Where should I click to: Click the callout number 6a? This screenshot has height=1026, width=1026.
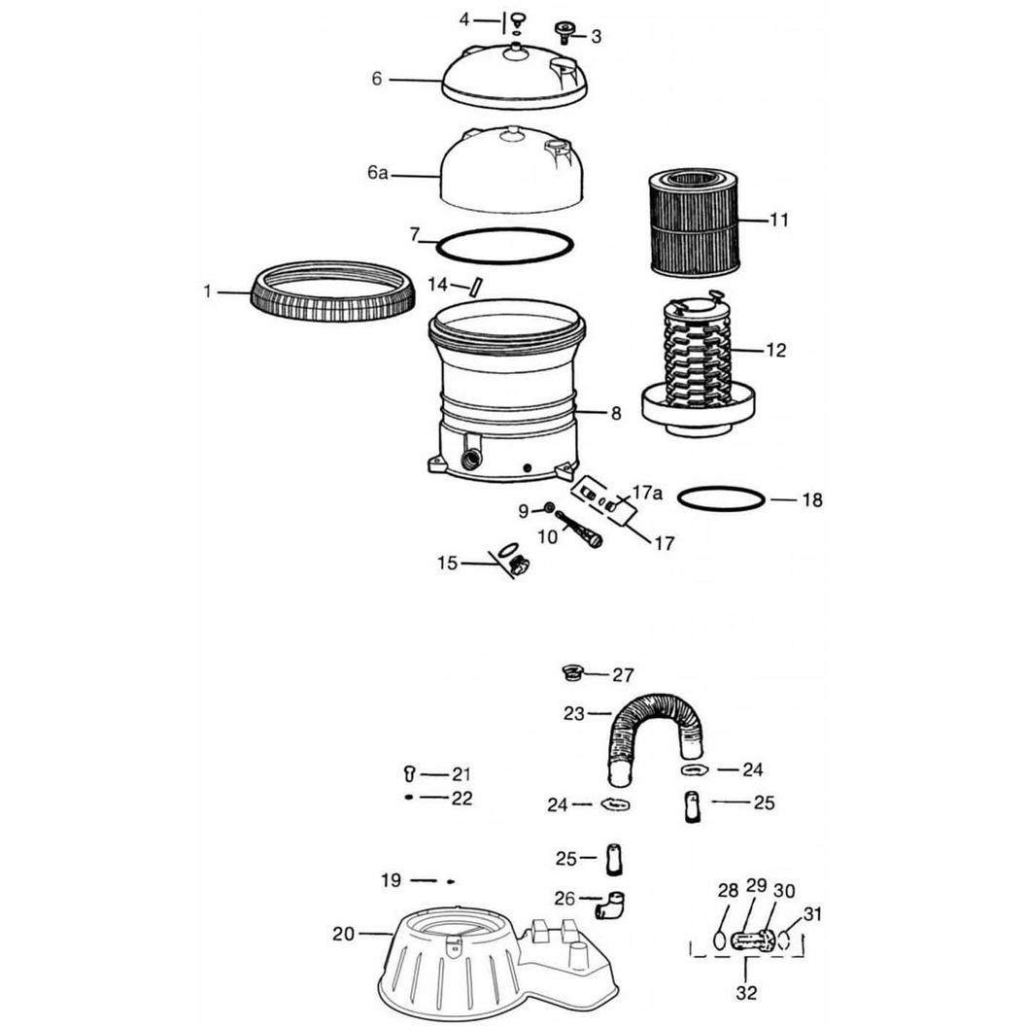(377, 173)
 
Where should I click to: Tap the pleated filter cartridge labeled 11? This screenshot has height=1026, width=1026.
(694, 222)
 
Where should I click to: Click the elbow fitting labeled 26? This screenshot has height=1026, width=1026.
(610, 906)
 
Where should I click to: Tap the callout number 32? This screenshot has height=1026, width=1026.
(746, 992)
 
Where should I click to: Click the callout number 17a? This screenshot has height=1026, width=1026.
(647, 492)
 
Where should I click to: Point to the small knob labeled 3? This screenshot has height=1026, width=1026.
(564, 32)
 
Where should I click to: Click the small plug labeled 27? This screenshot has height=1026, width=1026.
(571, 672)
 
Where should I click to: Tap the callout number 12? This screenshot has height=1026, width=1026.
(775, 350)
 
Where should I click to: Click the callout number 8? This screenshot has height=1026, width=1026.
(616, 413)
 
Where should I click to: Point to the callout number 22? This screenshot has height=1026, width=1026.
(462, 799)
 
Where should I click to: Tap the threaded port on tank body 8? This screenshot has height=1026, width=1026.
(472, 458)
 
